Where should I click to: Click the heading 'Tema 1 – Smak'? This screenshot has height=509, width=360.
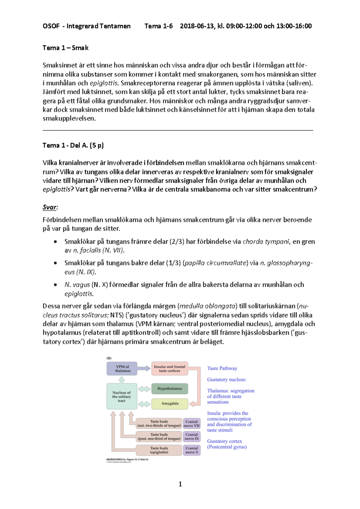pyautogui.click(x=65, y=48)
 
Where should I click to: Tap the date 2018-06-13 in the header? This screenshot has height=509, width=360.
pyautogui.click(x=197, y=26)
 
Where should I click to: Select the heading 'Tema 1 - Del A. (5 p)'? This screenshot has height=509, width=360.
pyautogui.click(x=73, y=145)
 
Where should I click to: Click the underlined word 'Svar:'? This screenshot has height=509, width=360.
pyautogui.click(x=50, y=207)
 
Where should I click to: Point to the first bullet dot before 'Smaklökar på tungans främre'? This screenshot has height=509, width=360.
pyautogui.click(x=55, y=242)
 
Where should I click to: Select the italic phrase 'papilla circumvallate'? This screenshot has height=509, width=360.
pyautogui.click(x=215, y=263)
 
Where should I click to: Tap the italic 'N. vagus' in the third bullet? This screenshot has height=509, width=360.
pyautogui.click(x=77, y=285)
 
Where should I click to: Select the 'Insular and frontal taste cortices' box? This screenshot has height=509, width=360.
pyautogui.click(x=169, y=369)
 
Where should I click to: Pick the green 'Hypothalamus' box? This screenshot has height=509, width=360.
pyautogui.click(x=169, y=388)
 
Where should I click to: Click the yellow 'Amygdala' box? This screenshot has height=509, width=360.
pyautogui.click(x=169, y=403)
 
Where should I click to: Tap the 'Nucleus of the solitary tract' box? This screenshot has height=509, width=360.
pyautogui.click(x=121, y=396)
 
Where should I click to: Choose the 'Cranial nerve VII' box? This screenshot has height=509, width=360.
pyautogui.click(x=191, y=424)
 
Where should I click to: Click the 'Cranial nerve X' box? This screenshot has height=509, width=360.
pyautogui.click(x=191, y=450)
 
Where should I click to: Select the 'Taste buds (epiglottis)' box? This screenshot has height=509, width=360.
pyautogui.click(x=159, y=450)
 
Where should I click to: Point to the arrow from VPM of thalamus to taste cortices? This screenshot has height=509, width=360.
pyautogui.click(x=144, y=368)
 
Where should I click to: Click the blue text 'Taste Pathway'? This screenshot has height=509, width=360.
pyautogui.click(x=222, y=368)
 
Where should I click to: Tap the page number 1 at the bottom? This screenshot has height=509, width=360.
pyautogui.click(x=180, y=484)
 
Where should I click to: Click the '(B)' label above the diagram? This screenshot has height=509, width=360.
pyautogui.click(x=109, y=358)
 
